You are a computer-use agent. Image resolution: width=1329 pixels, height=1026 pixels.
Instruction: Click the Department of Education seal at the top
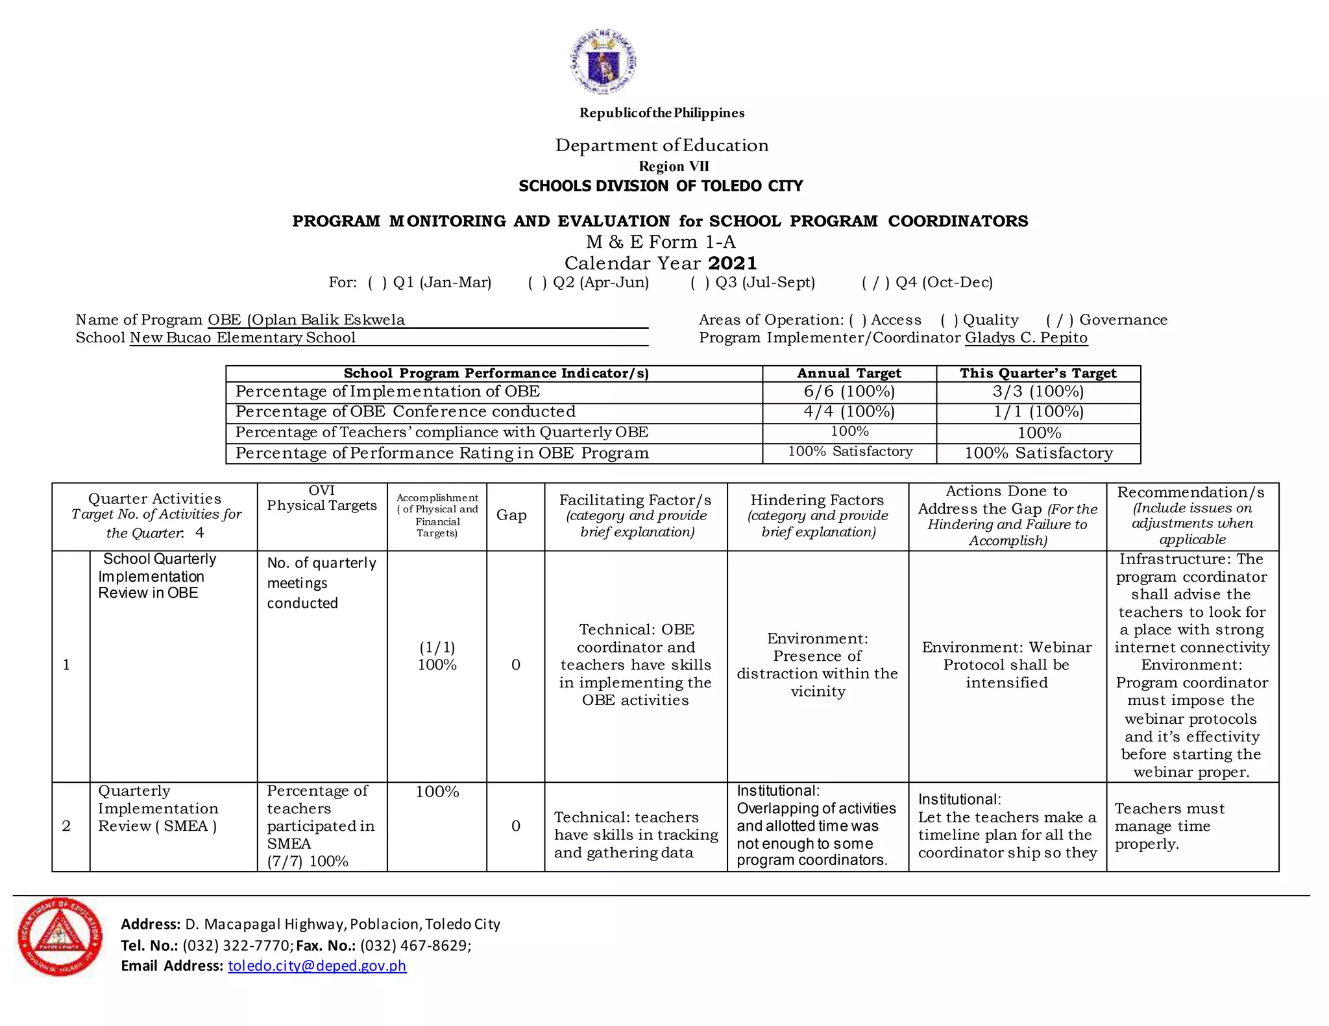[603, 61]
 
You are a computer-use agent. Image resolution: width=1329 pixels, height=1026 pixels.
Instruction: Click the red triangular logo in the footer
[60, 937]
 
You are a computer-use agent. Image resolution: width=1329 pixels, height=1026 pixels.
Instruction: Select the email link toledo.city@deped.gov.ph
[317, 966]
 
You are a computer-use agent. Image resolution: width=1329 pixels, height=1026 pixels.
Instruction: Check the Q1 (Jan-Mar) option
[377, 283]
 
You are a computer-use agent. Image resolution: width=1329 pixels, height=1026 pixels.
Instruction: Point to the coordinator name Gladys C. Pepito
[1026, 338]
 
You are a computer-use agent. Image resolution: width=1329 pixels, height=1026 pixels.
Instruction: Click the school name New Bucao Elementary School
[243, 338]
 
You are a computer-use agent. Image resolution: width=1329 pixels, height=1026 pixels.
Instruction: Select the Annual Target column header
[849, 374]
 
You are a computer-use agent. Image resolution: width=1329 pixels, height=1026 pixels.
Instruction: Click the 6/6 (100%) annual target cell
[849, 392]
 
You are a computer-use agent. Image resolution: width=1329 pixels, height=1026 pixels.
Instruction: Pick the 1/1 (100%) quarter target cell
[1038, 412]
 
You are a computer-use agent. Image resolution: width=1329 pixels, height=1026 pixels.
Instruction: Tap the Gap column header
[511, 516]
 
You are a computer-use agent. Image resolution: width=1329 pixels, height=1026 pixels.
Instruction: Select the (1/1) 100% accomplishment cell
[437, 656]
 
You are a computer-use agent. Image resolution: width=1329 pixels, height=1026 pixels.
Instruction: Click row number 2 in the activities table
[66, 826]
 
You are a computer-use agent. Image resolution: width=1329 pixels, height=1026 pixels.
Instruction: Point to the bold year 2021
[733, 263]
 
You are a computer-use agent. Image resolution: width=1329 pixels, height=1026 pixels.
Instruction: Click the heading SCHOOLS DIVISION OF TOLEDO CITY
[661, 187]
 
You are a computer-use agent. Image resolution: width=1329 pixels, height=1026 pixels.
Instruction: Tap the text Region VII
[674, 167]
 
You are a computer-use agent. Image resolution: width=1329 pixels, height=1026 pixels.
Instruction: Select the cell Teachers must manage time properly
[1169, 826]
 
